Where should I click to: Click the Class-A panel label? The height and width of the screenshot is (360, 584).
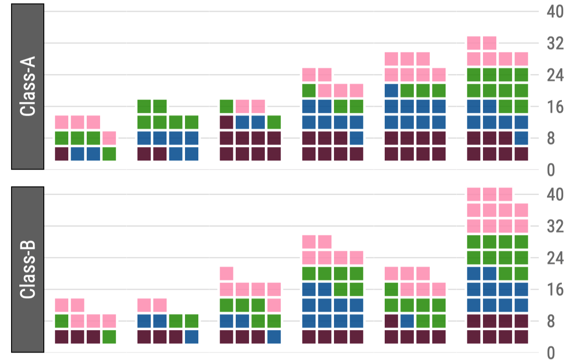28,87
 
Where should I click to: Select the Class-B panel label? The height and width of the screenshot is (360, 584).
28,270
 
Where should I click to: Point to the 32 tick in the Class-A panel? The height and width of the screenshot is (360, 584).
555,44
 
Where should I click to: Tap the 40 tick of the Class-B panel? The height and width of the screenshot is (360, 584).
555,195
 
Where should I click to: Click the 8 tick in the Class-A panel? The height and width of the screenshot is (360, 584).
551,139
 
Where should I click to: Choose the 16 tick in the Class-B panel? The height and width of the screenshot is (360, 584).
555,290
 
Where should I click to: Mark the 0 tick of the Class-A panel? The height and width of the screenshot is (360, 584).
551,170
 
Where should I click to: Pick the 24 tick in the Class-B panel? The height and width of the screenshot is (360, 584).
555,258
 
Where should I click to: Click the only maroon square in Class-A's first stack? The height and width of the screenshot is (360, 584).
62,154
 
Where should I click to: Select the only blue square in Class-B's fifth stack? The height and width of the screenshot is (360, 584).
407,321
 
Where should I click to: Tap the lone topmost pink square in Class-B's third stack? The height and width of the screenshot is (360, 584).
226,273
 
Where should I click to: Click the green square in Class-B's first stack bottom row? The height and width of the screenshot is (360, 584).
109,336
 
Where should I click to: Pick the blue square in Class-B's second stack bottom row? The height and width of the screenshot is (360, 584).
191,336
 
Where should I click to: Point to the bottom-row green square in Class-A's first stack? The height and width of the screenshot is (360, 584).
109,154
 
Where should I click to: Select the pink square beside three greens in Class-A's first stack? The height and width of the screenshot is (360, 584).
109,138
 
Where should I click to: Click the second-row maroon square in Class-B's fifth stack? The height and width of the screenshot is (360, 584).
391,321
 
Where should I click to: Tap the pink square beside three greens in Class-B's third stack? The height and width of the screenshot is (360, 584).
274,305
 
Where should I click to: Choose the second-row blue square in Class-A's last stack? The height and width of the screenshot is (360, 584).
521,138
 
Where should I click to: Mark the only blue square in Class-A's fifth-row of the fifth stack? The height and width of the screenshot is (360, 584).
391,90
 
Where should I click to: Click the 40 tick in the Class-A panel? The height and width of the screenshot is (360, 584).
555,12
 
